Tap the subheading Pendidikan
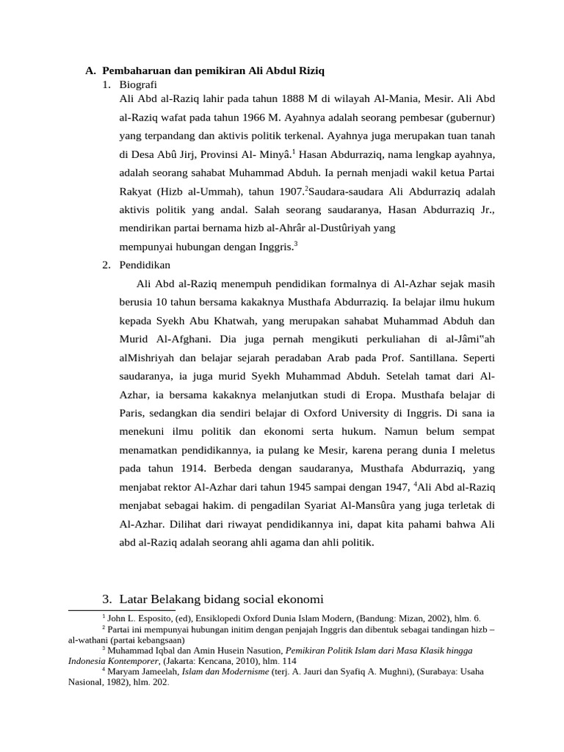tap(145, 265)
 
